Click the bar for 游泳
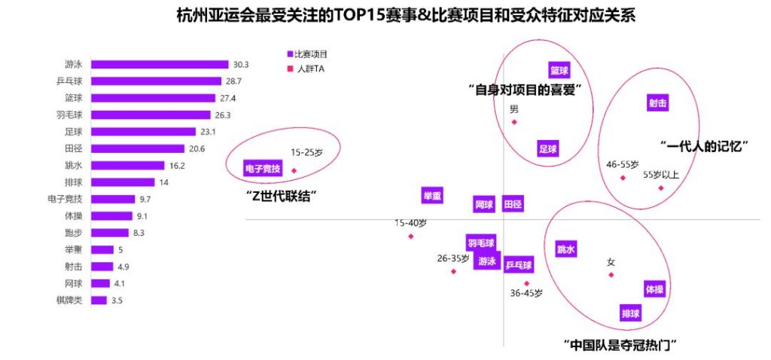[x=160, y=65]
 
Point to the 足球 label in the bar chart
[x=74, y=132]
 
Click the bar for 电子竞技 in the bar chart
[x=112, y=199]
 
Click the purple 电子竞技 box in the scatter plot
[x=263, y=169]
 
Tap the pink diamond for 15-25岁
[x=294, y=170]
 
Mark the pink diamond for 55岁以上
[x=661, y=188]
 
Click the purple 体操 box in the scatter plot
[x=654, y=289]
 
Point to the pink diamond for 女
[x=611, y=274]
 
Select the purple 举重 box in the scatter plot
[x=432, y=195]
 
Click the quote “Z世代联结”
[x=280, y=194]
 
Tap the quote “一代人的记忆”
[x=702, y=147]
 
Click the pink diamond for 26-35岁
[x=453, y=271]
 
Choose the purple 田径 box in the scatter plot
[x=513, y=204]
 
